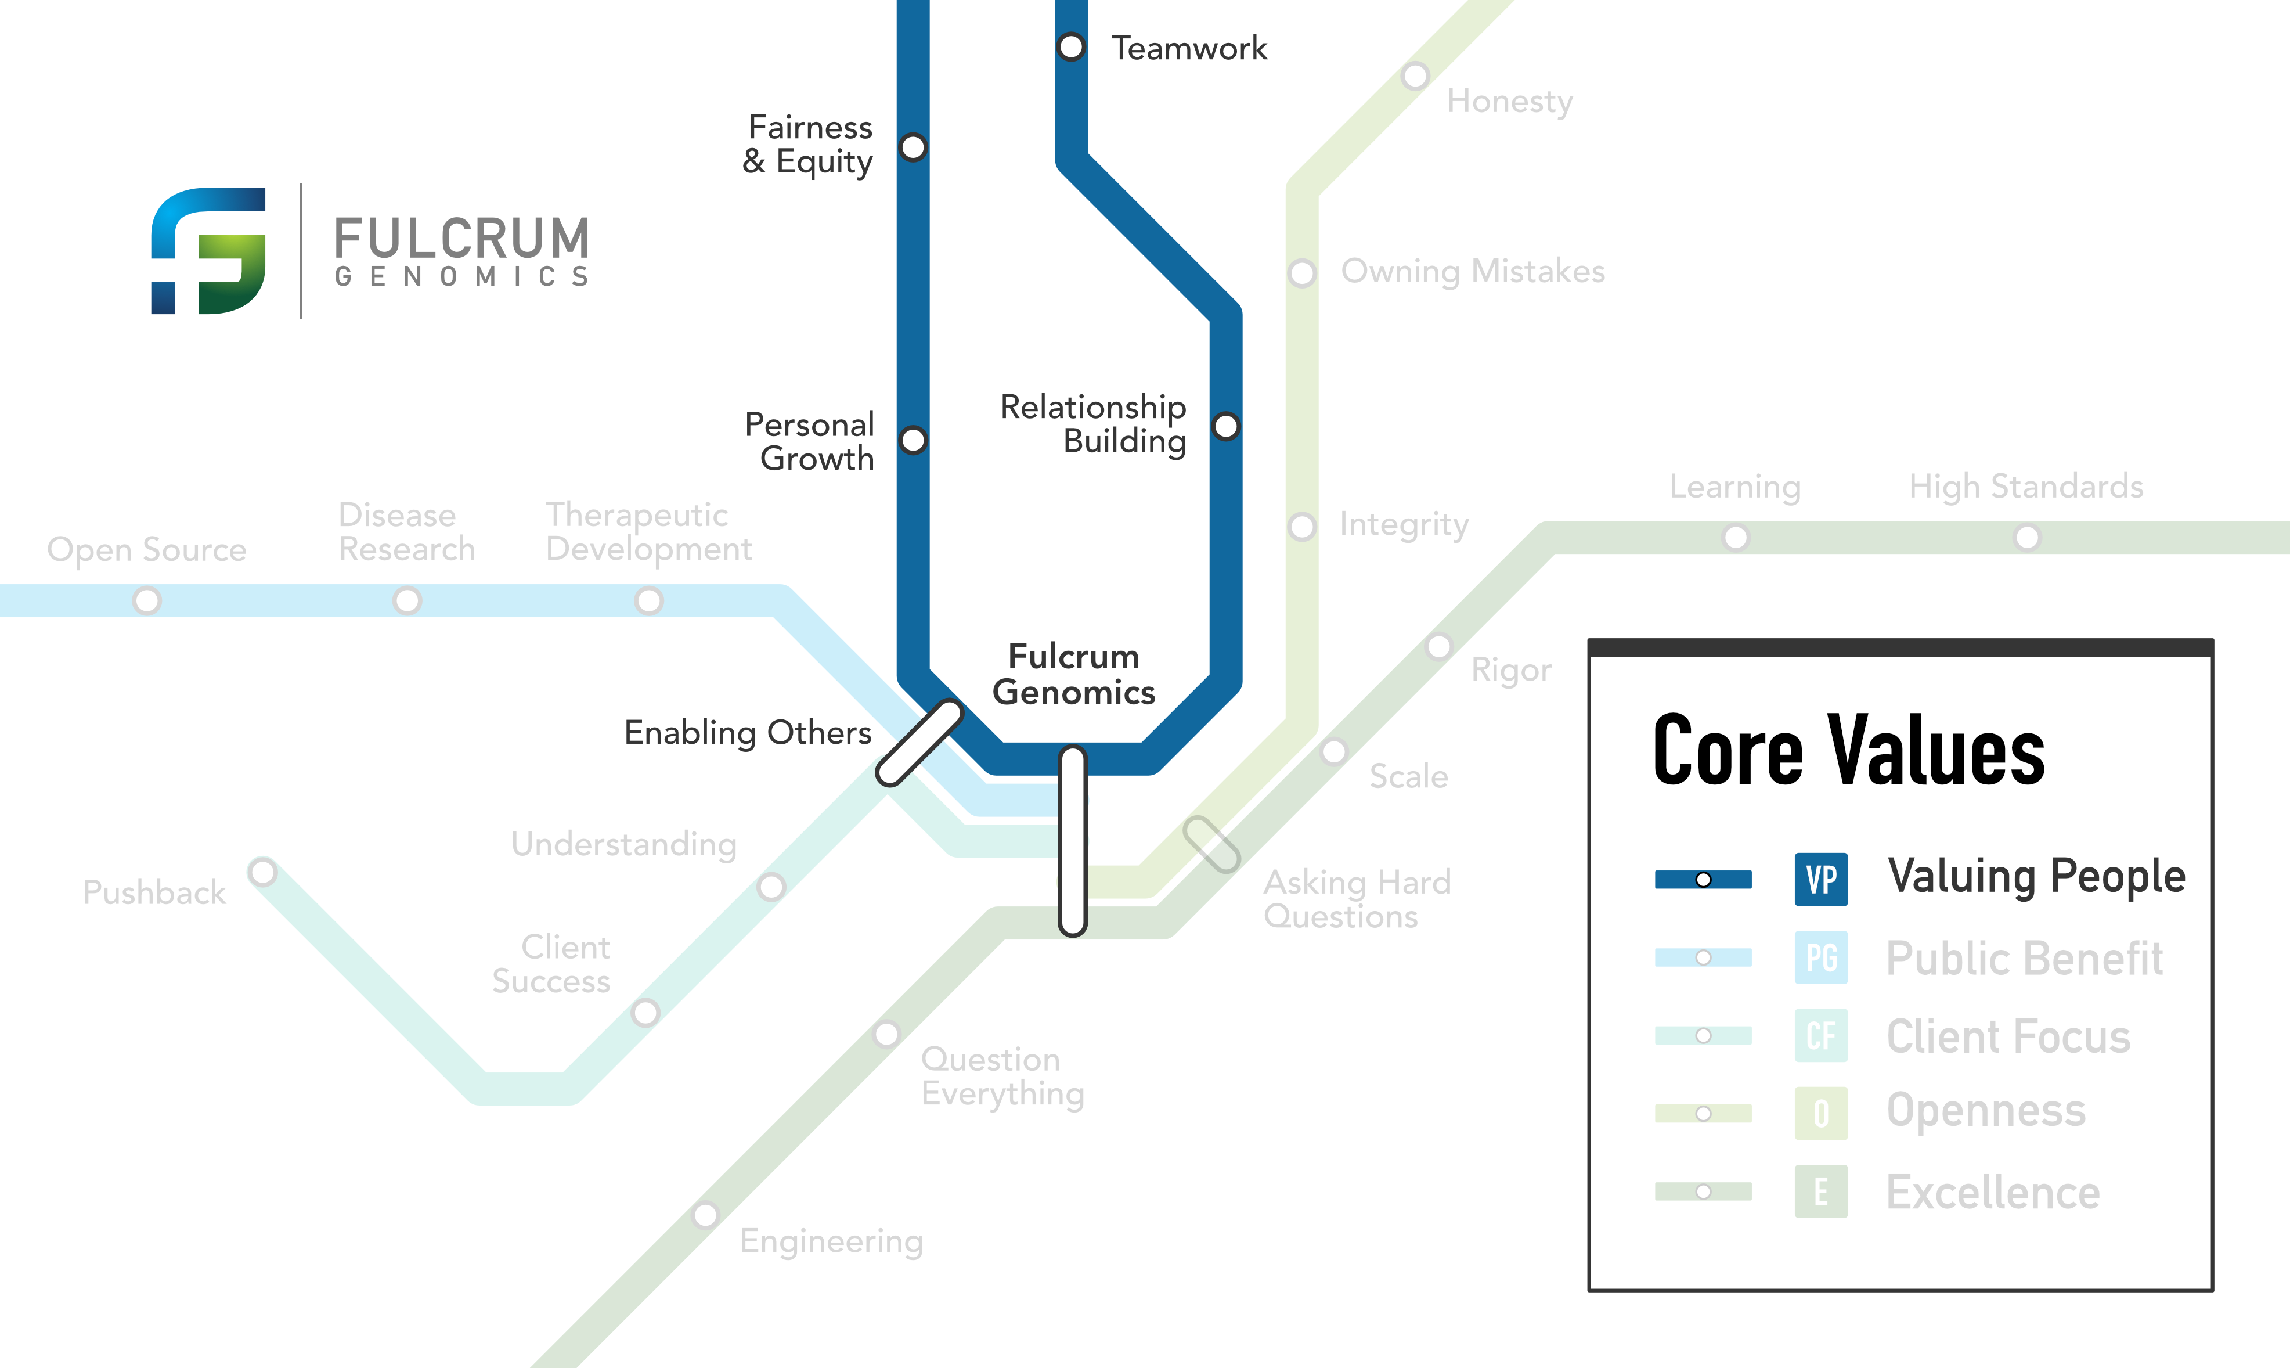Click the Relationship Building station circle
[x=1225, y=426]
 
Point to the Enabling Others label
[x=747, y=733]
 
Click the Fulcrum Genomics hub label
[x=1073, y=674]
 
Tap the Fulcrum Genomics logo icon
[x=208, y=251]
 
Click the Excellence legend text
[x=1992, y=1192]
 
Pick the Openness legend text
[x=1985, y=1111]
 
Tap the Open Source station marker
[x=146, y=601]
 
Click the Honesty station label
[x=1509, y=102]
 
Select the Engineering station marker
[x=705, y=1215]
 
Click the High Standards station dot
[x=2026, y=538]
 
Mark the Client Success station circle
[x=645, y=1012]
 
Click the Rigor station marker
[x=1438, y=646]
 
